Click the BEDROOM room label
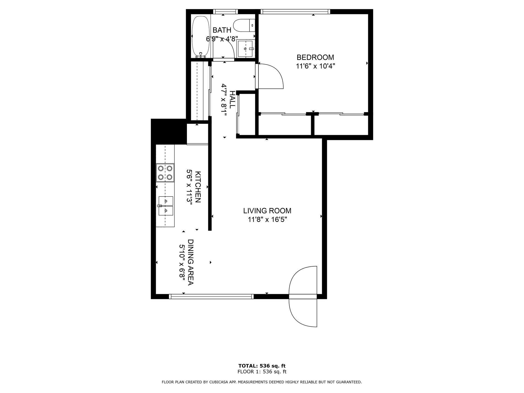click(x=315, y=57)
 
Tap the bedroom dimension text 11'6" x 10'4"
click(x=315, y=66)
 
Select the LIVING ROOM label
click(x=267, y=211)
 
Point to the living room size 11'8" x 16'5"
click(x=267, y=219)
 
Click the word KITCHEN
click(x=198, y=187)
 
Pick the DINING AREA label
click(x=190, y=262)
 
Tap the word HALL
click(x=232, y=100)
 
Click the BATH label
click(x=222, y=30)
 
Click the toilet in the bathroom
click(x=245, y=25)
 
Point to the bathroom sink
click(x=246, y=48)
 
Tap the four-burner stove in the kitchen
click(x=165, y=173)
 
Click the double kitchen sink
click(x=166, y=206)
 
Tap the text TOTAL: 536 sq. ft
click(x=262, y=366)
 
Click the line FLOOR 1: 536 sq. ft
click(x=262, y=372)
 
